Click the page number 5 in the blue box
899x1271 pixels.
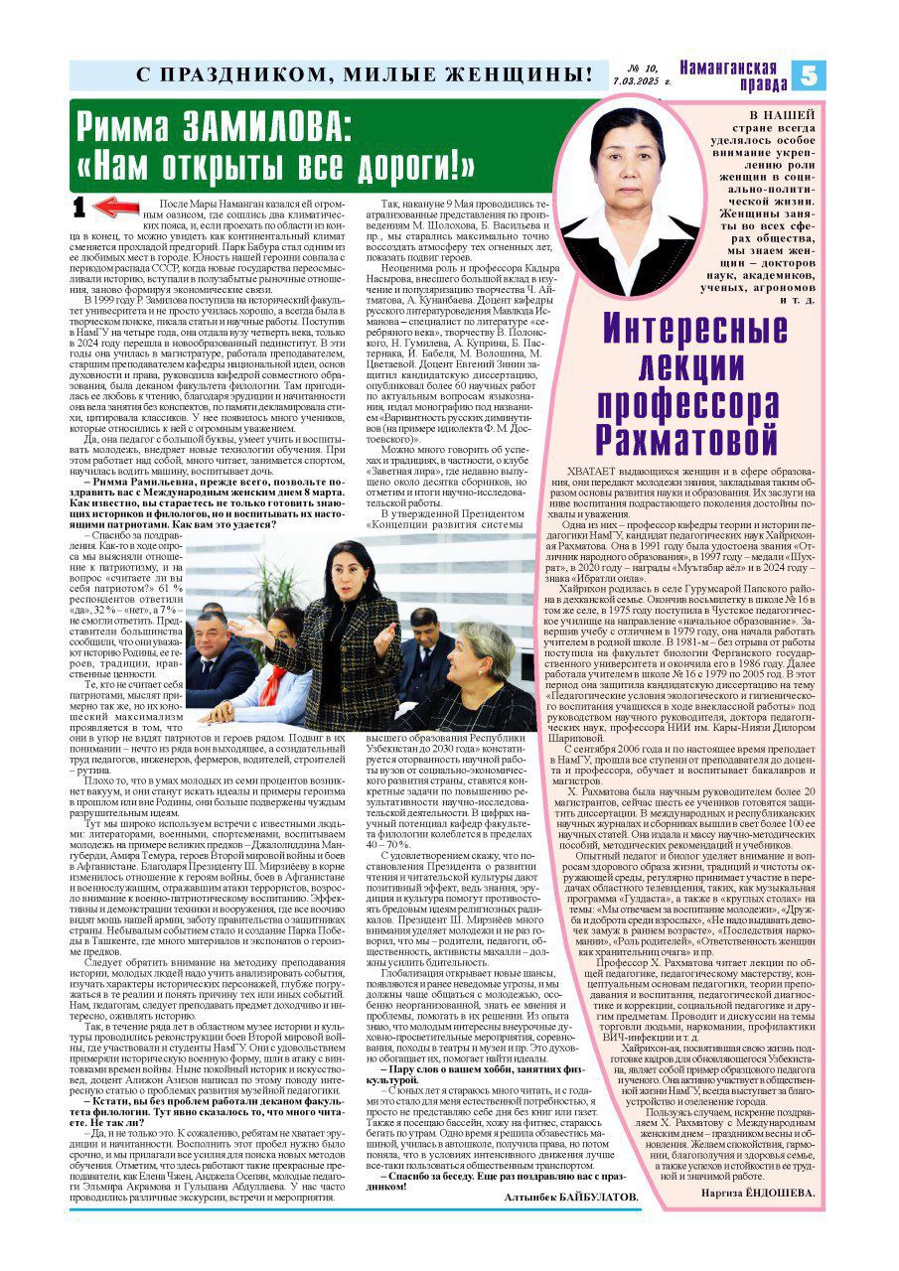[x=809, y=74]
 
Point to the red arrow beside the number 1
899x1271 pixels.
[x=116, y=207]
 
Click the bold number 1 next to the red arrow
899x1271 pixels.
[x=80, y=207]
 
